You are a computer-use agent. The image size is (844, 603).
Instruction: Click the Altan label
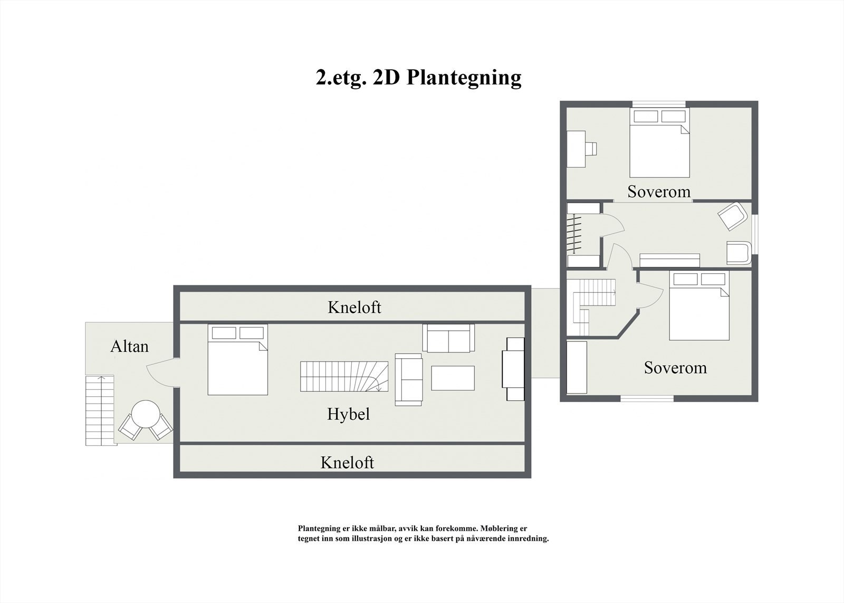point(129,347)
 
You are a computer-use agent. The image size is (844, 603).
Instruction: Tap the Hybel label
point(348,414)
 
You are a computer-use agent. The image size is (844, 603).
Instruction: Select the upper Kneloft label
point(354,307)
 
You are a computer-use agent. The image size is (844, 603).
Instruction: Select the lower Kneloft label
point(347,463)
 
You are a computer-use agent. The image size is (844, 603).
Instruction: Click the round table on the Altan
point(146,415)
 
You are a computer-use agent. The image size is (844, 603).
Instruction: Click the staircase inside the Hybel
point(344,376)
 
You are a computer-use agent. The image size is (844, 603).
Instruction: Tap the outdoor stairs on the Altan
point(100,410)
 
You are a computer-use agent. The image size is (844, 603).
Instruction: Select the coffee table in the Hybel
point(453,378)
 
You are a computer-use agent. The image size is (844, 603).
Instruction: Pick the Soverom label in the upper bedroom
point(659,192)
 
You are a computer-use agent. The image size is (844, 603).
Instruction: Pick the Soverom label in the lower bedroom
point(675,368)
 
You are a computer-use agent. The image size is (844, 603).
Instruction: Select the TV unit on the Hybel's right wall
point(513,369)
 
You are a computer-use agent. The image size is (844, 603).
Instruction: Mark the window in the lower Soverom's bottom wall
point(647,399)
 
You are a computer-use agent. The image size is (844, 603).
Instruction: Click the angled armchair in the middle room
point(732,216)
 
